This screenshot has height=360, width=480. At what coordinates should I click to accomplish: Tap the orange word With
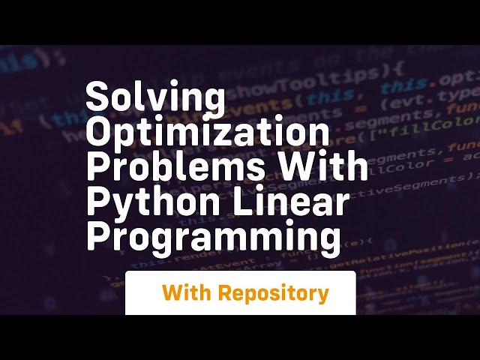click(x=187, y=293)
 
